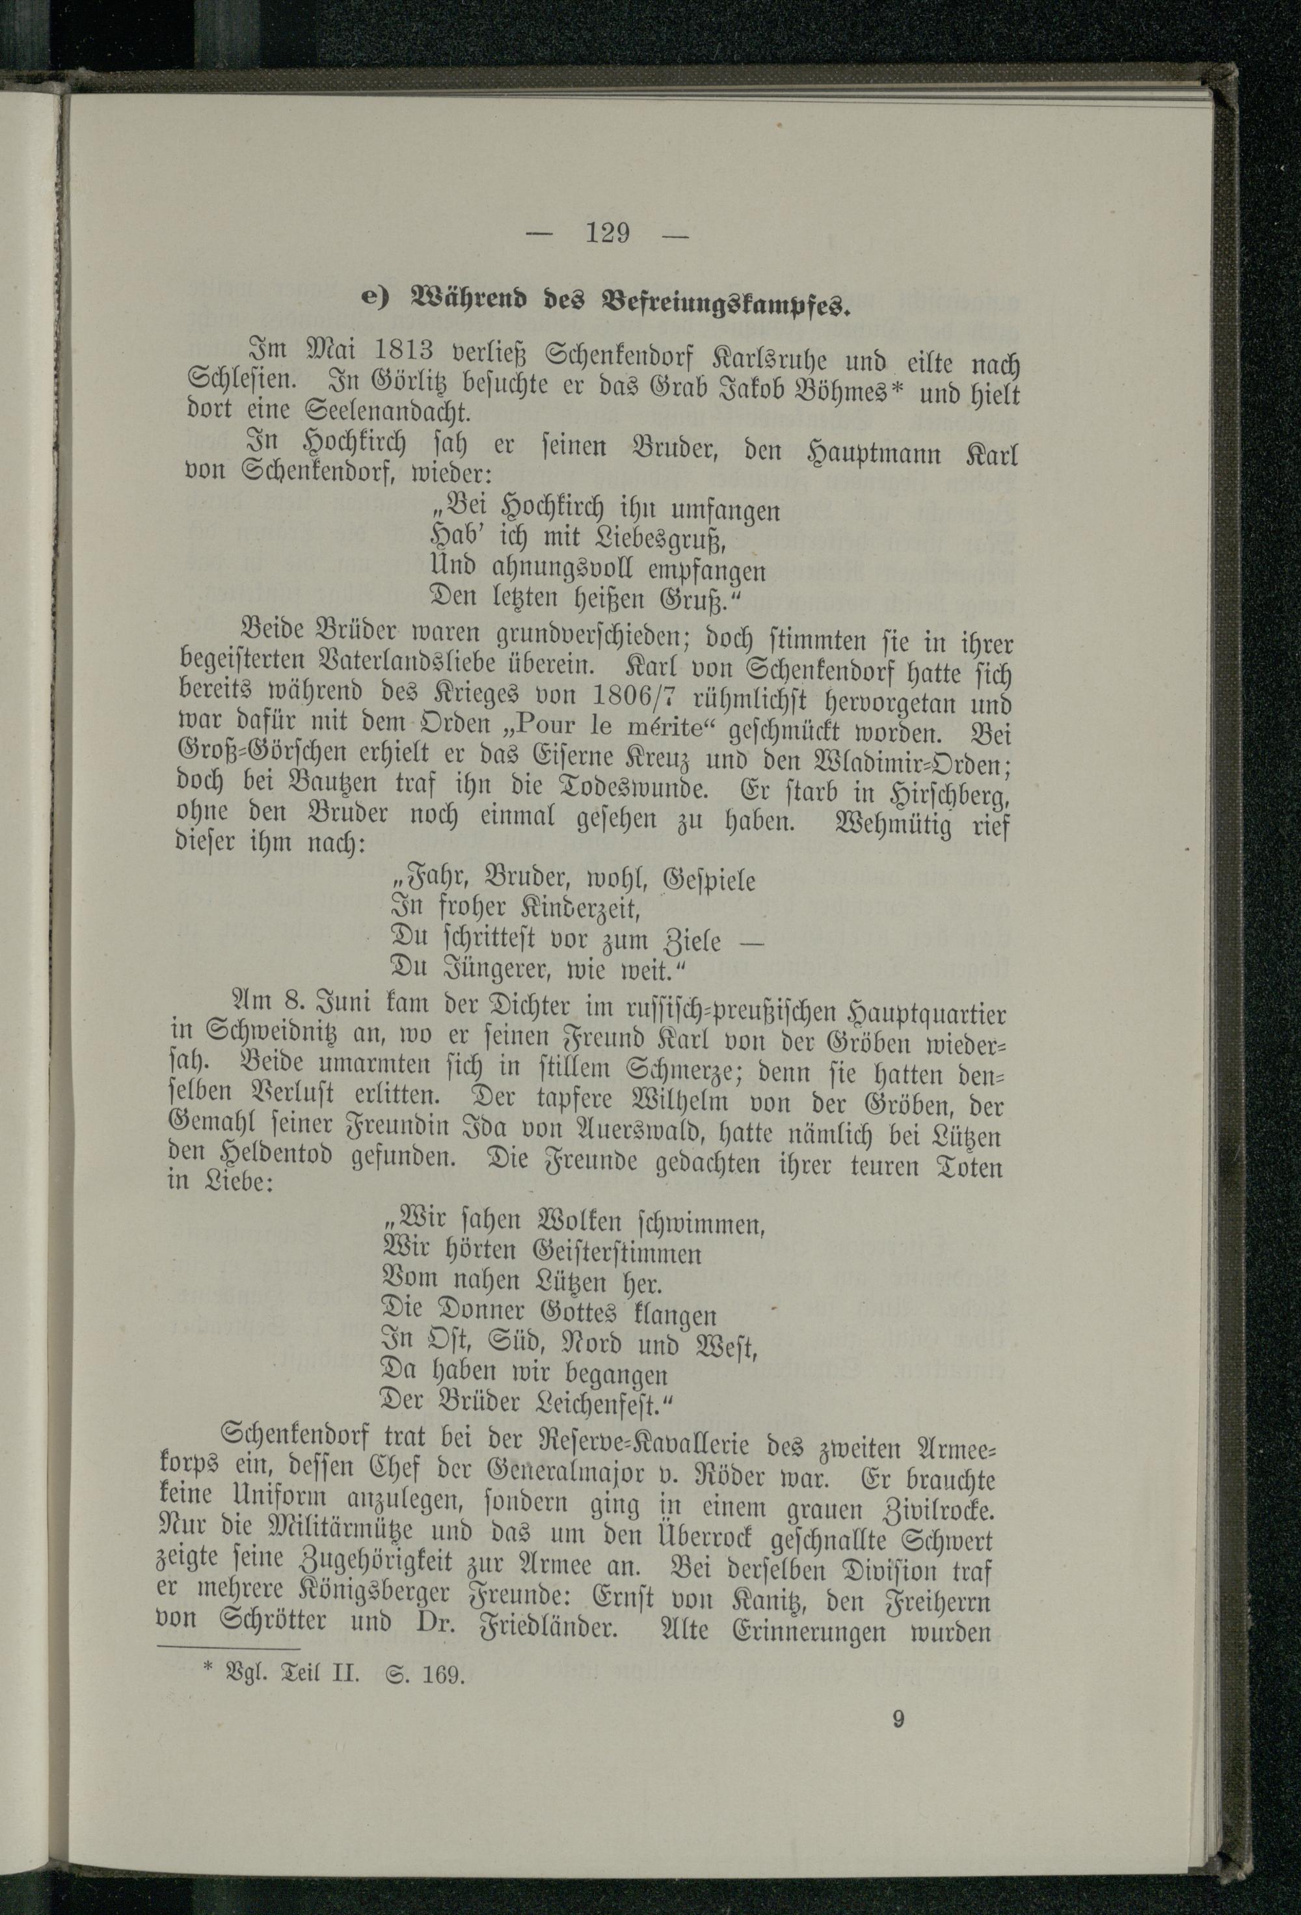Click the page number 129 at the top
pos(608,235)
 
